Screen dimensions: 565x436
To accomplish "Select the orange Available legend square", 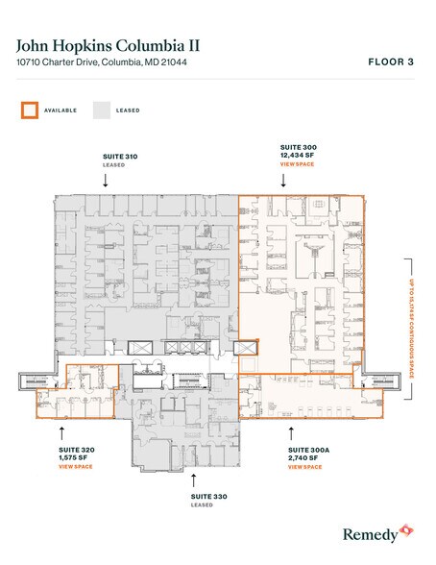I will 29,110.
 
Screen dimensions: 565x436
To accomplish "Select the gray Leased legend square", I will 101,110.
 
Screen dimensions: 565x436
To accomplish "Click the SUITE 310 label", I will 119,156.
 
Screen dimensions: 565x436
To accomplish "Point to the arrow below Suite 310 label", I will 119,182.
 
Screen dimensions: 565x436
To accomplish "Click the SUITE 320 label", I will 75,449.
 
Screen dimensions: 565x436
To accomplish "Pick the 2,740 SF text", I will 305,457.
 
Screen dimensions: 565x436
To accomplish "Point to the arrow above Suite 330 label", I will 194,478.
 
